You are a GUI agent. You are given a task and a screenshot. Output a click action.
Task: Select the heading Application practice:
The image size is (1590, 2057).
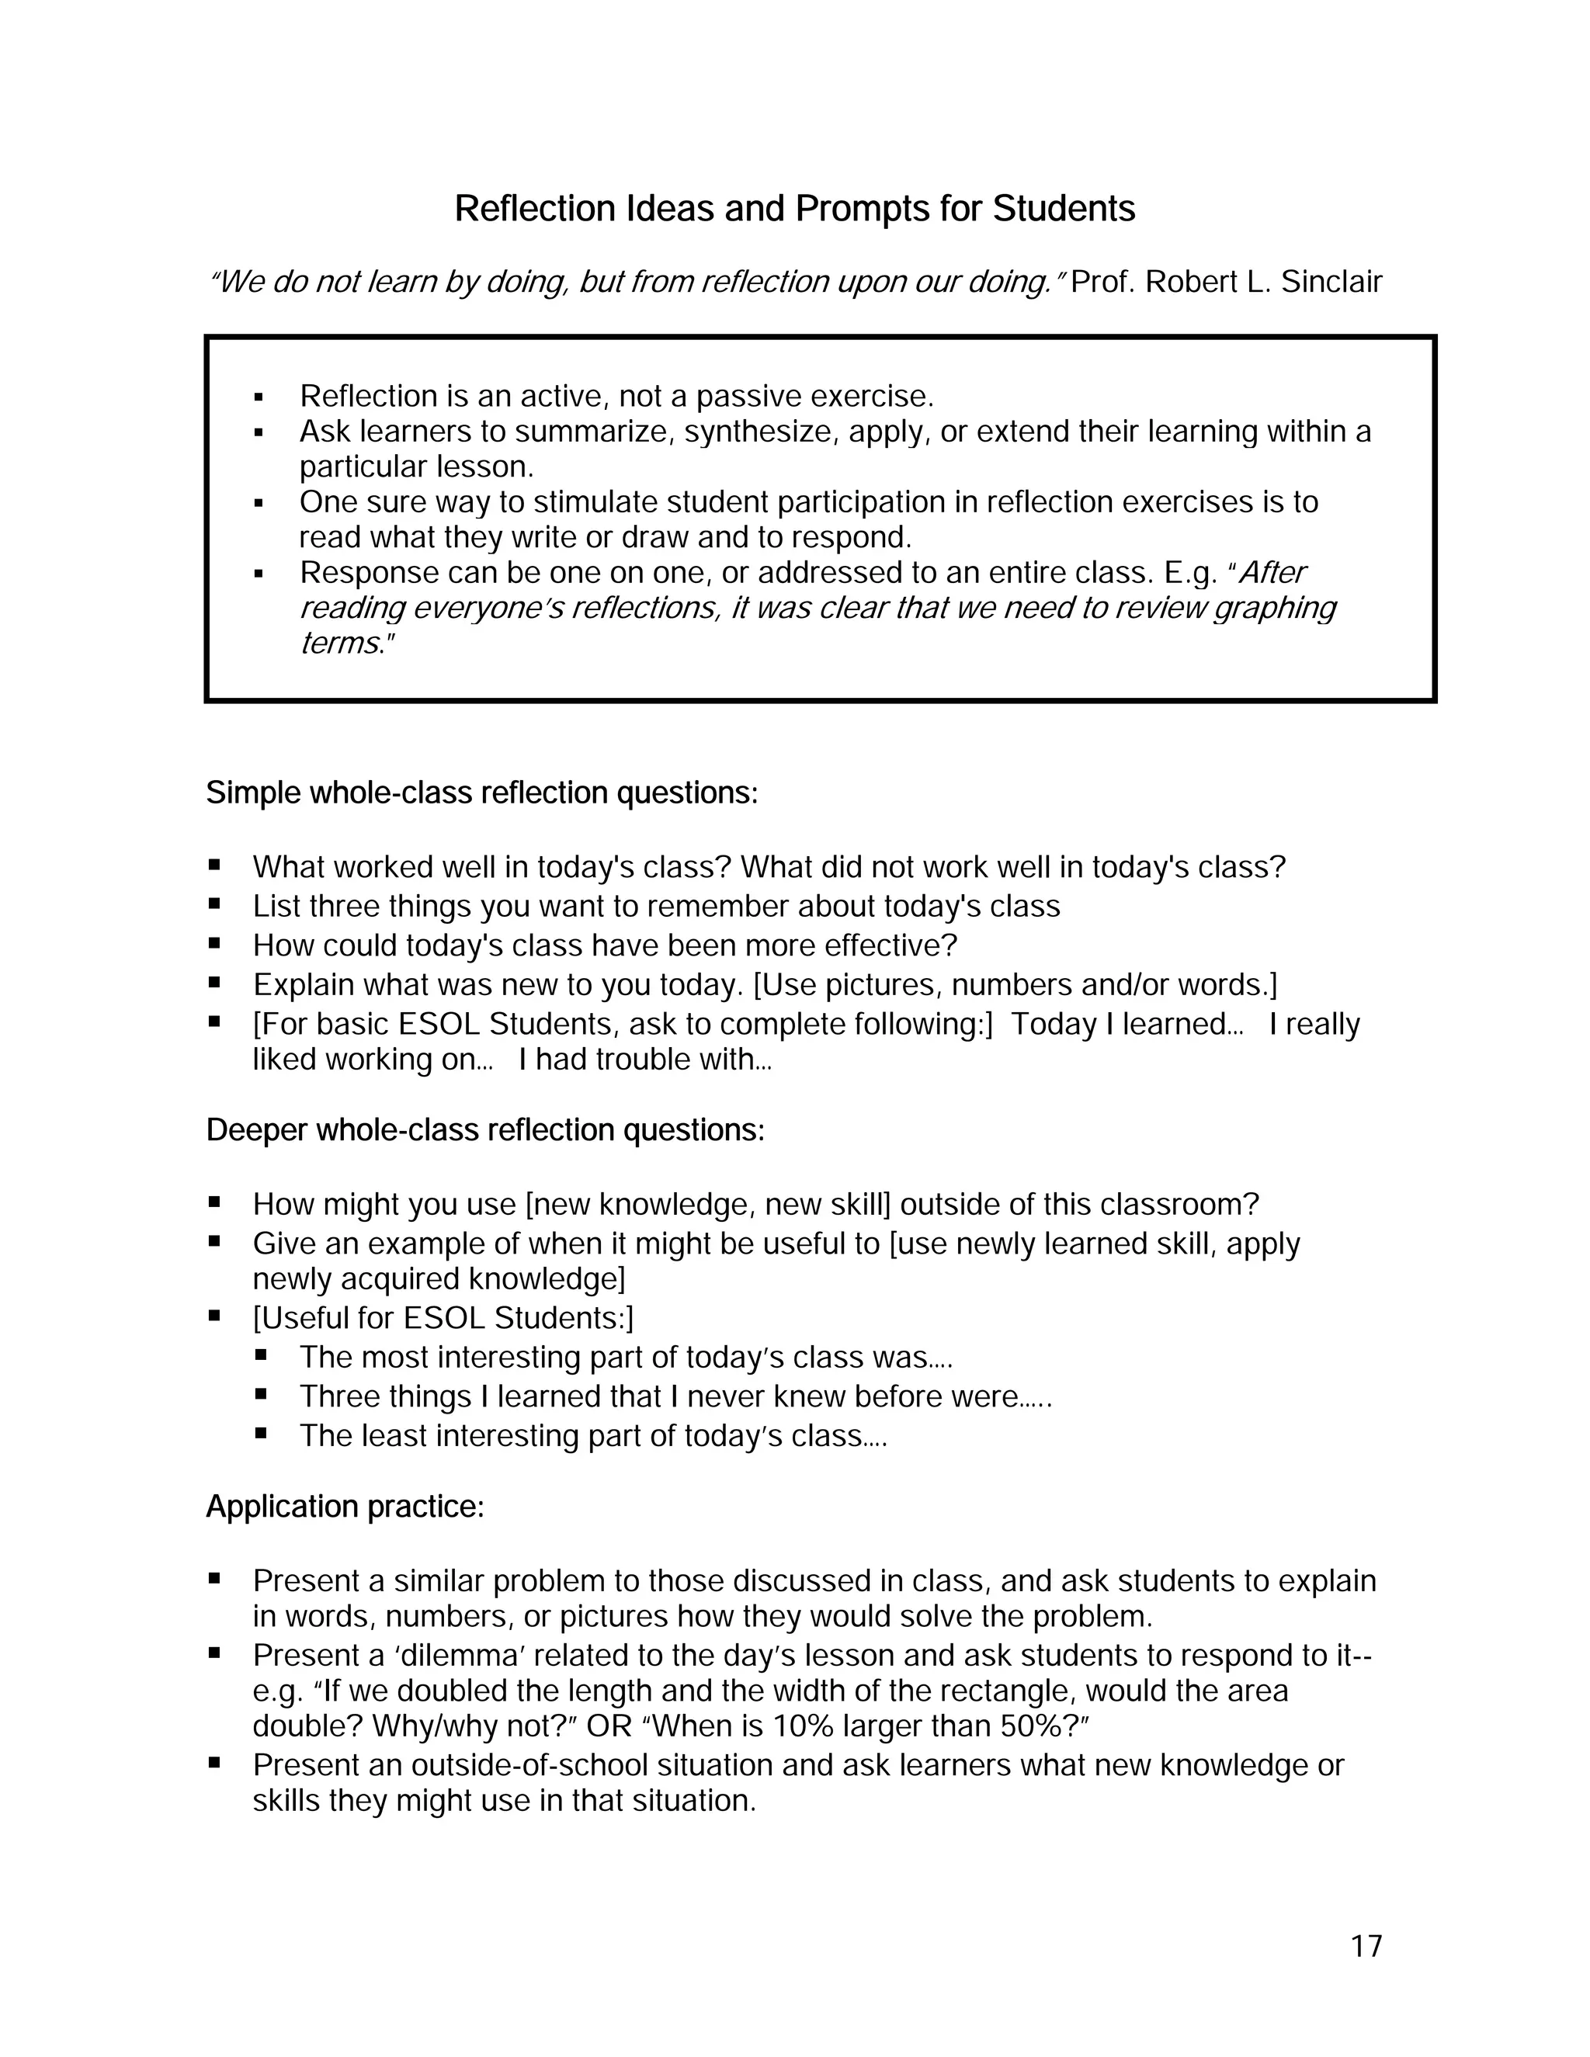coord(345,1506)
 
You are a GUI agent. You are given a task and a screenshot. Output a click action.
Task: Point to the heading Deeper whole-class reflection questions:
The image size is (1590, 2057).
coord(485,1129)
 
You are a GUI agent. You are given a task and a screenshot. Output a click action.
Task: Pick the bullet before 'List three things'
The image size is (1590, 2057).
coord(215,904)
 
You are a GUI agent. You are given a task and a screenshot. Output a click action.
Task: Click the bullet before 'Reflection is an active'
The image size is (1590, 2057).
coord(258,397)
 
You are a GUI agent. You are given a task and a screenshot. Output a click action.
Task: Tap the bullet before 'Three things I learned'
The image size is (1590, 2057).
coord(261,1394)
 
